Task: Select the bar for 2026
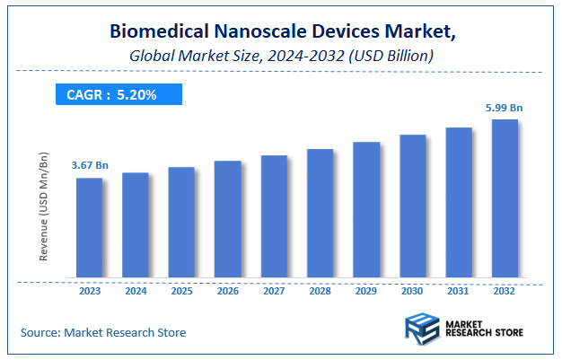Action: pos(227,219)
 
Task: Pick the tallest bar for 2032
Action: pos(505,198)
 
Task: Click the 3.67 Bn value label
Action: pos(90,166)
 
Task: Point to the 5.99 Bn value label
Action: pos(505,108)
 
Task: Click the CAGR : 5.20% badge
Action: pos(118,94)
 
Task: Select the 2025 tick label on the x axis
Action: pos(181,291)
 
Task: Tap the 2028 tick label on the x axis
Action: pos(320,291)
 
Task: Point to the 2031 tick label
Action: pos(459,291)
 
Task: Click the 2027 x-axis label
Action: pos(274,291)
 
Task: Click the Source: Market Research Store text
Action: pos(103,332)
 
